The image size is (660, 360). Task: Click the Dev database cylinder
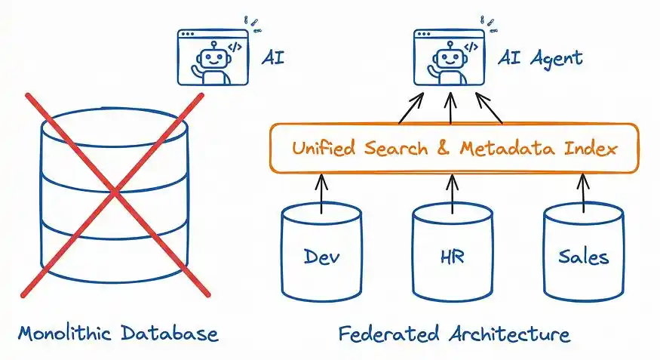(321, 253)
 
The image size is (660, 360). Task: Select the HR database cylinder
(453, 253)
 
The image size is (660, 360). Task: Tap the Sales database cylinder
(583, 253)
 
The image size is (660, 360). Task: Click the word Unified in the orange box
(324, 148)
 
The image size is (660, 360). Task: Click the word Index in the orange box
(591, 148)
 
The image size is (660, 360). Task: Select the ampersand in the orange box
(444, 148)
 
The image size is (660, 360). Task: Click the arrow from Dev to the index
(321, 193)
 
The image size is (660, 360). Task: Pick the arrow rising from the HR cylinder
(453, 193)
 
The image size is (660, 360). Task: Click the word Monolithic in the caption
(65, 333)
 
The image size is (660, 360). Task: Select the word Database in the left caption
(170, 333)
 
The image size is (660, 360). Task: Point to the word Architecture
(509, 334)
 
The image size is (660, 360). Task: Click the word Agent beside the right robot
(556, 59)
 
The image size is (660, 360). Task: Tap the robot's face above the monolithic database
(213, 58)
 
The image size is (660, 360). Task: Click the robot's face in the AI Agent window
(450, 58)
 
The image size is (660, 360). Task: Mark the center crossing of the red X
(115, 193)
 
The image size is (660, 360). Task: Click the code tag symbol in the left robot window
(235, 47)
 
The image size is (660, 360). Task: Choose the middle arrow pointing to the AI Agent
(450, 108)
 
